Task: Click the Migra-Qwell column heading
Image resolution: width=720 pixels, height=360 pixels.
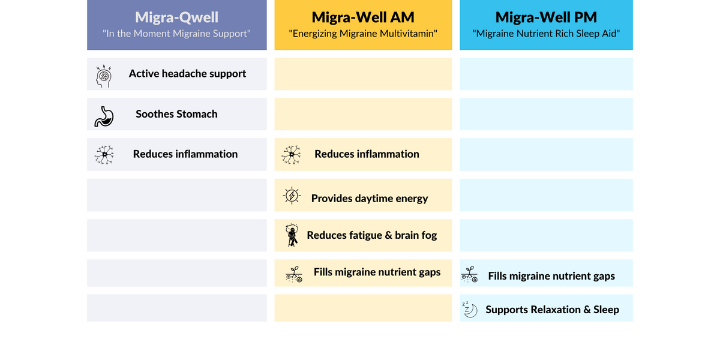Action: click(x=176, y=17)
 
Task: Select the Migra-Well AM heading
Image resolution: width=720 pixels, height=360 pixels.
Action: click(x=363, y=17)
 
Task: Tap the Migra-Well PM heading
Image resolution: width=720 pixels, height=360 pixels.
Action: click(x=546, y=17)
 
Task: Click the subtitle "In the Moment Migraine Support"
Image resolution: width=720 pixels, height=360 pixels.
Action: click(x=176, y=34)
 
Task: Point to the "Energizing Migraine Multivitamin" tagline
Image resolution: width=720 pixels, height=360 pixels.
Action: click(x=363, y=34)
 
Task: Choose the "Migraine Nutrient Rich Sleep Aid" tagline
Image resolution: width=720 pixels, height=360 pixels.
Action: click(x=546, y=34)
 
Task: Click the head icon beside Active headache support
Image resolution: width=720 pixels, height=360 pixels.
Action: click(x=104, y=75)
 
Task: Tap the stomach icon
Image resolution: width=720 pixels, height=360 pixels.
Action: click(x=104, y=115)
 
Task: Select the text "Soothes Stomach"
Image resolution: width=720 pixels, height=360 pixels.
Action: click(x=176, y=114)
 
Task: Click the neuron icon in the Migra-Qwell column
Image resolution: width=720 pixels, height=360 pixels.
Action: click(x=104, y=155)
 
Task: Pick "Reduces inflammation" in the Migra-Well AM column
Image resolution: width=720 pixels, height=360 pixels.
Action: click(x=367, y=154)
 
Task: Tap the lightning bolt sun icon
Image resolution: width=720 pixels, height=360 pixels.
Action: click(x=292, y=196)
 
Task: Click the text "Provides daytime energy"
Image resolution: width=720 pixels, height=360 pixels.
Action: click(x=369, y=199)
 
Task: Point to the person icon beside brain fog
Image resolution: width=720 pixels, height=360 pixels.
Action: click(x=292, y=235)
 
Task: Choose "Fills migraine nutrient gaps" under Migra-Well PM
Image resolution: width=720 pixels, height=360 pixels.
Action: click(x=551, y=276)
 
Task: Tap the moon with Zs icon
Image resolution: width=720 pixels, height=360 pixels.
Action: click(x=470, y=309)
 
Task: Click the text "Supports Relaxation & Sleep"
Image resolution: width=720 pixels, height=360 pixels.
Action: click(x=552, y=310)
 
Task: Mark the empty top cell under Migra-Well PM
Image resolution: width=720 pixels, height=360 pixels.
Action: click(x=546, y=74)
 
